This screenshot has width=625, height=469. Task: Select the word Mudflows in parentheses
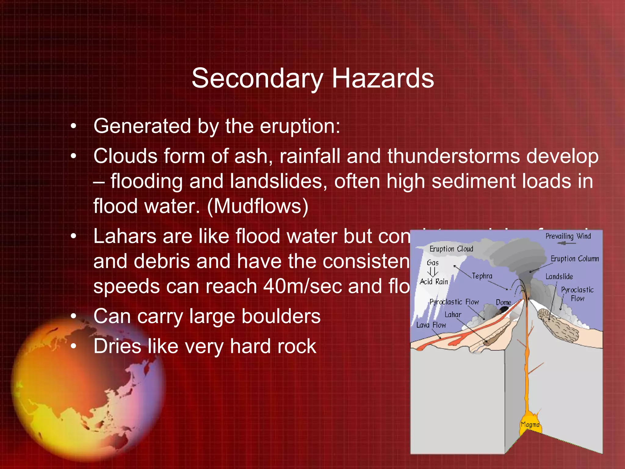point(258,206)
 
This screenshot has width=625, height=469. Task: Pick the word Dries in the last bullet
point(117,346)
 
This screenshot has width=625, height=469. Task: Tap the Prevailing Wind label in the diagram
point(568,236)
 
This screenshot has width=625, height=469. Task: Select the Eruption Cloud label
point(451,249)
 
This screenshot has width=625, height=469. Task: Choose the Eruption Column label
point(575,259)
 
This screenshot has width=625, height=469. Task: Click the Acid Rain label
point(434,282)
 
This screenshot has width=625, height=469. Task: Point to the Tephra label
point(482,276)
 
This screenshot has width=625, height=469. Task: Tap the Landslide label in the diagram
point(559,277)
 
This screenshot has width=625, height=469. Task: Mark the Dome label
point(503,302)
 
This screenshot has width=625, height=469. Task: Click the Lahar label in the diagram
point(453,314)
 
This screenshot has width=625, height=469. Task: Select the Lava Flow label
point(431,325)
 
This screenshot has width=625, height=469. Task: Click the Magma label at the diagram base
point(530,424)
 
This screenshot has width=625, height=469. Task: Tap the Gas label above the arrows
point(432,263)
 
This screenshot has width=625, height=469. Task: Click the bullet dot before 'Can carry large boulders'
point(73,316)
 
